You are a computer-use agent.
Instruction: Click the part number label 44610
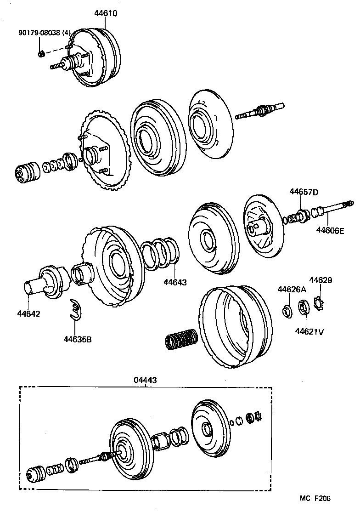coord(106,14)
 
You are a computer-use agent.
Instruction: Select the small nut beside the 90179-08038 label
coord(41,54)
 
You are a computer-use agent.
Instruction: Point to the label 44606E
coord(330,231)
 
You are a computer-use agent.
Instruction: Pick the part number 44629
coord(321,280)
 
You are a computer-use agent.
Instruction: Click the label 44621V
coord(309,330)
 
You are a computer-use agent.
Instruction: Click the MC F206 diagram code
coord(315,498)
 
